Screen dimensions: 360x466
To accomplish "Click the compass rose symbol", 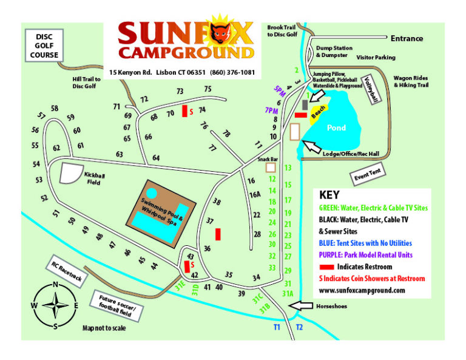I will (x=55, y=305).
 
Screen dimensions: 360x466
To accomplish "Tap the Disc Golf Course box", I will (x=44, y=46).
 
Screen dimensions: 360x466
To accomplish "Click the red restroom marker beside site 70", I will (x=184, y=113).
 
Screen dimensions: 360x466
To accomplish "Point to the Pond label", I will (x=336, y=128).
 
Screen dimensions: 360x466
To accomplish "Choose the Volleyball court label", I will (x=371, y=89).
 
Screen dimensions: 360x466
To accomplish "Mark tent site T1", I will (x=276, y=327).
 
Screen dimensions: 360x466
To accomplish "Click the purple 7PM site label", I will (x=271, y=110).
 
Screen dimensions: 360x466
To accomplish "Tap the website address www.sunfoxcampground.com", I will (x=362, y=290).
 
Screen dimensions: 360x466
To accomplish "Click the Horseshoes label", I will (x=330, y=307).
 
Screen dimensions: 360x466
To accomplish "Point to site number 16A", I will (x=255, y=194).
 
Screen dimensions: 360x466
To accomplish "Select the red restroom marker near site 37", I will (x=218, y=234).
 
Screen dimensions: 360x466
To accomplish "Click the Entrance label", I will (x=407, y=38).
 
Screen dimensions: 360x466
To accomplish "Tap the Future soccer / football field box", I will (x=117, y=307).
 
